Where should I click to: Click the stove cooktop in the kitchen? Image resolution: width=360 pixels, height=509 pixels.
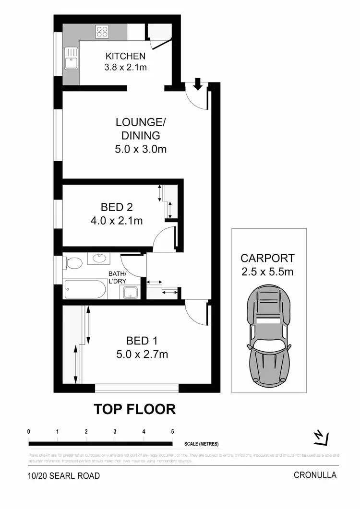102,32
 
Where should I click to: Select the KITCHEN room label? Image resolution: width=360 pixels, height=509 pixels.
126,57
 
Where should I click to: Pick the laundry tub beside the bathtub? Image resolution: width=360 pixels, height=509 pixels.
129,292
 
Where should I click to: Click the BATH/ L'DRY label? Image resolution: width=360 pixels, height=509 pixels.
119,278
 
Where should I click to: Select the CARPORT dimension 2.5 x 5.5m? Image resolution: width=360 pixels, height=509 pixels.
267,272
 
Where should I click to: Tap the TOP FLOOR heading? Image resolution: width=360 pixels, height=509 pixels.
134,409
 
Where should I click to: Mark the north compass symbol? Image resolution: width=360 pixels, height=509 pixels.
320,437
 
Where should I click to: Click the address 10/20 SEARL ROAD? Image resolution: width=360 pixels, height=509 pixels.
64,476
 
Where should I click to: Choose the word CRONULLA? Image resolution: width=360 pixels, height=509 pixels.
315,475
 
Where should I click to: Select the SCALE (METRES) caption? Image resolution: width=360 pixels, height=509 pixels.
201,444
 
